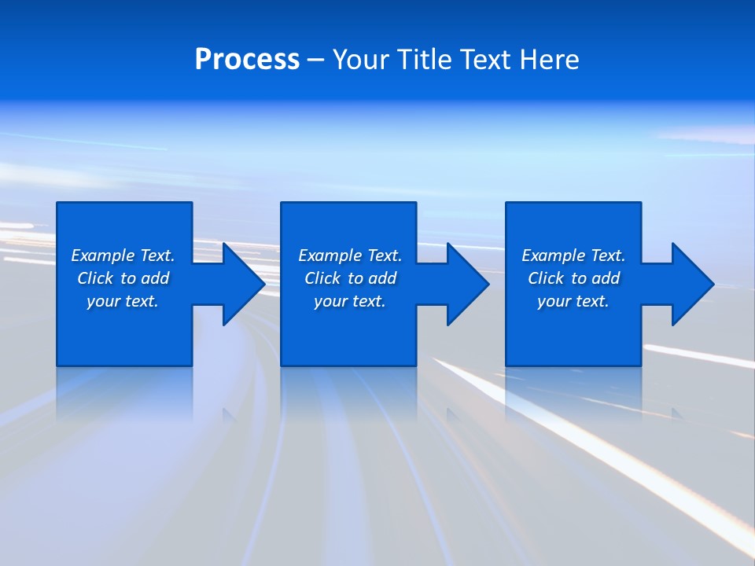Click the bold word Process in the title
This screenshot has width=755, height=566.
247,60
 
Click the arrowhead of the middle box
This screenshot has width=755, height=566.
467,284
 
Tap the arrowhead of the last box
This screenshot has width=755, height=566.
691,284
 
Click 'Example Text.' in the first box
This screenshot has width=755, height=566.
123,255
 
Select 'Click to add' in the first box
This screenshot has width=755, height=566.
123,278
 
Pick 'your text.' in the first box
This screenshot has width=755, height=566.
123,301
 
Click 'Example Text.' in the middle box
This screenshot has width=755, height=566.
349,255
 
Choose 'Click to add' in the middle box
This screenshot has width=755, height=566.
349,278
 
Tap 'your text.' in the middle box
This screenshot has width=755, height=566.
349,301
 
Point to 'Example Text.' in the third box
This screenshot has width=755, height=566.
573,255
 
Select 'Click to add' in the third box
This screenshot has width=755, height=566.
573,278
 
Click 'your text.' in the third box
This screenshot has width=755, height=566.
573,301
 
